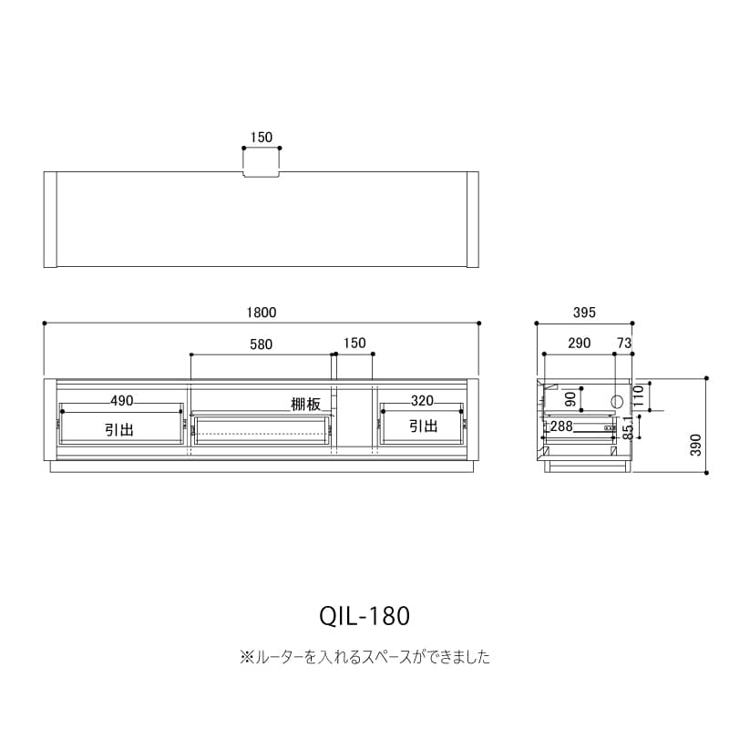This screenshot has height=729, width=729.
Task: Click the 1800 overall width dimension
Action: coord(262,313)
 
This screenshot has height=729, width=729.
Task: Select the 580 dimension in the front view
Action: coord(261,344)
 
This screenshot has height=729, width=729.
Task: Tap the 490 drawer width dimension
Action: coord(122,401)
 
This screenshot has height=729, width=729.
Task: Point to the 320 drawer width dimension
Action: coord(422,401)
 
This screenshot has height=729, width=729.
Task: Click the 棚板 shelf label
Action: coord(306,405)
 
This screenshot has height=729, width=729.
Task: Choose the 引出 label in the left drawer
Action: coord(119,429)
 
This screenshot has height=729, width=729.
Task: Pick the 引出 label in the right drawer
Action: coord(423,426)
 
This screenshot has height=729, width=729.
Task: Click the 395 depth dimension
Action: coord(584,313)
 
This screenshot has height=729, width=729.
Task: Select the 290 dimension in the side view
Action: coord(580,344)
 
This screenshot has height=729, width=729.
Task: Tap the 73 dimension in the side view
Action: coord(624,344)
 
